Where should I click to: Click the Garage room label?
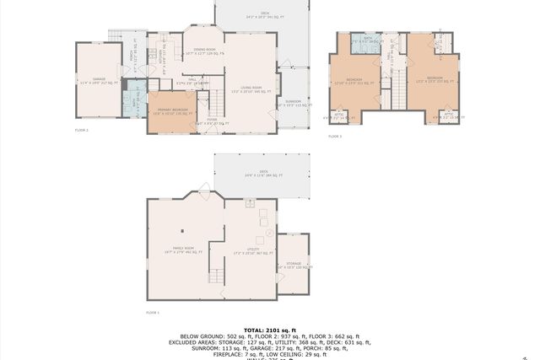94,82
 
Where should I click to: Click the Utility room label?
252,250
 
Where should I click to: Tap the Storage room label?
293,265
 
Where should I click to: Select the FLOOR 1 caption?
152,312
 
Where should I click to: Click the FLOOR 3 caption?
335,136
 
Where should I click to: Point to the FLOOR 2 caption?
81,131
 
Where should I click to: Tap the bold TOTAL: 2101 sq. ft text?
270,330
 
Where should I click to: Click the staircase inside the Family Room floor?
218,273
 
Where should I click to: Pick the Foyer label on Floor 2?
212,121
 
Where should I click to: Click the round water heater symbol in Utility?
269,231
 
